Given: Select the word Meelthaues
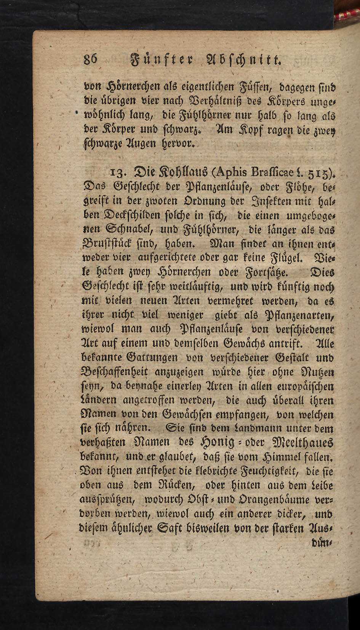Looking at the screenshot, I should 301,443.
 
